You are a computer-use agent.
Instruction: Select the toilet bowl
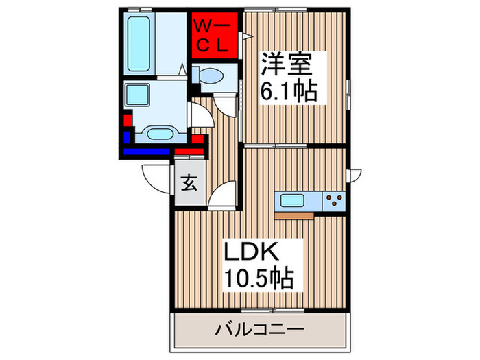[208, 73]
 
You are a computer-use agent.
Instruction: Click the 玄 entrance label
[189, 184]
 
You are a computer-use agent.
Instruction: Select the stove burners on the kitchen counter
[334, 201]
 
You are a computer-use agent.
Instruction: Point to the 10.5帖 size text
[260, 278]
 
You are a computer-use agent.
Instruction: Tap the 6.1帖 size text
[288, 91]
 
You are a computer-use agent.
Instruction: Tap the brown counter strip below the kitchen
[295, 215]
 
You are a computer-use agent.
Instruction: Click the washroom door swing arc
[200, 117]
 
